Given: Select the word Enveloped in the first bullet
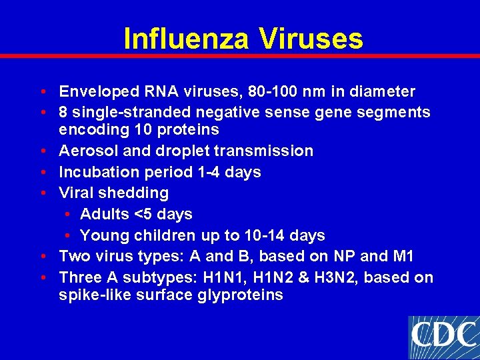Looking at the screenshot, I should click(97, 91).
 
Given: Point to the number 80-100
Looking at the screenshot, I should click(263, 91).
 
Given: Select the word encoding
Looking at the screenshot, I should click(89, 129).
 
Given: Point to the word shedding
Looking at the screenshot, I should click(137, 193).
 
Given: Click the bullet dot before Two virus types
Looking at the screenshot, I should click(42, 257).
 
